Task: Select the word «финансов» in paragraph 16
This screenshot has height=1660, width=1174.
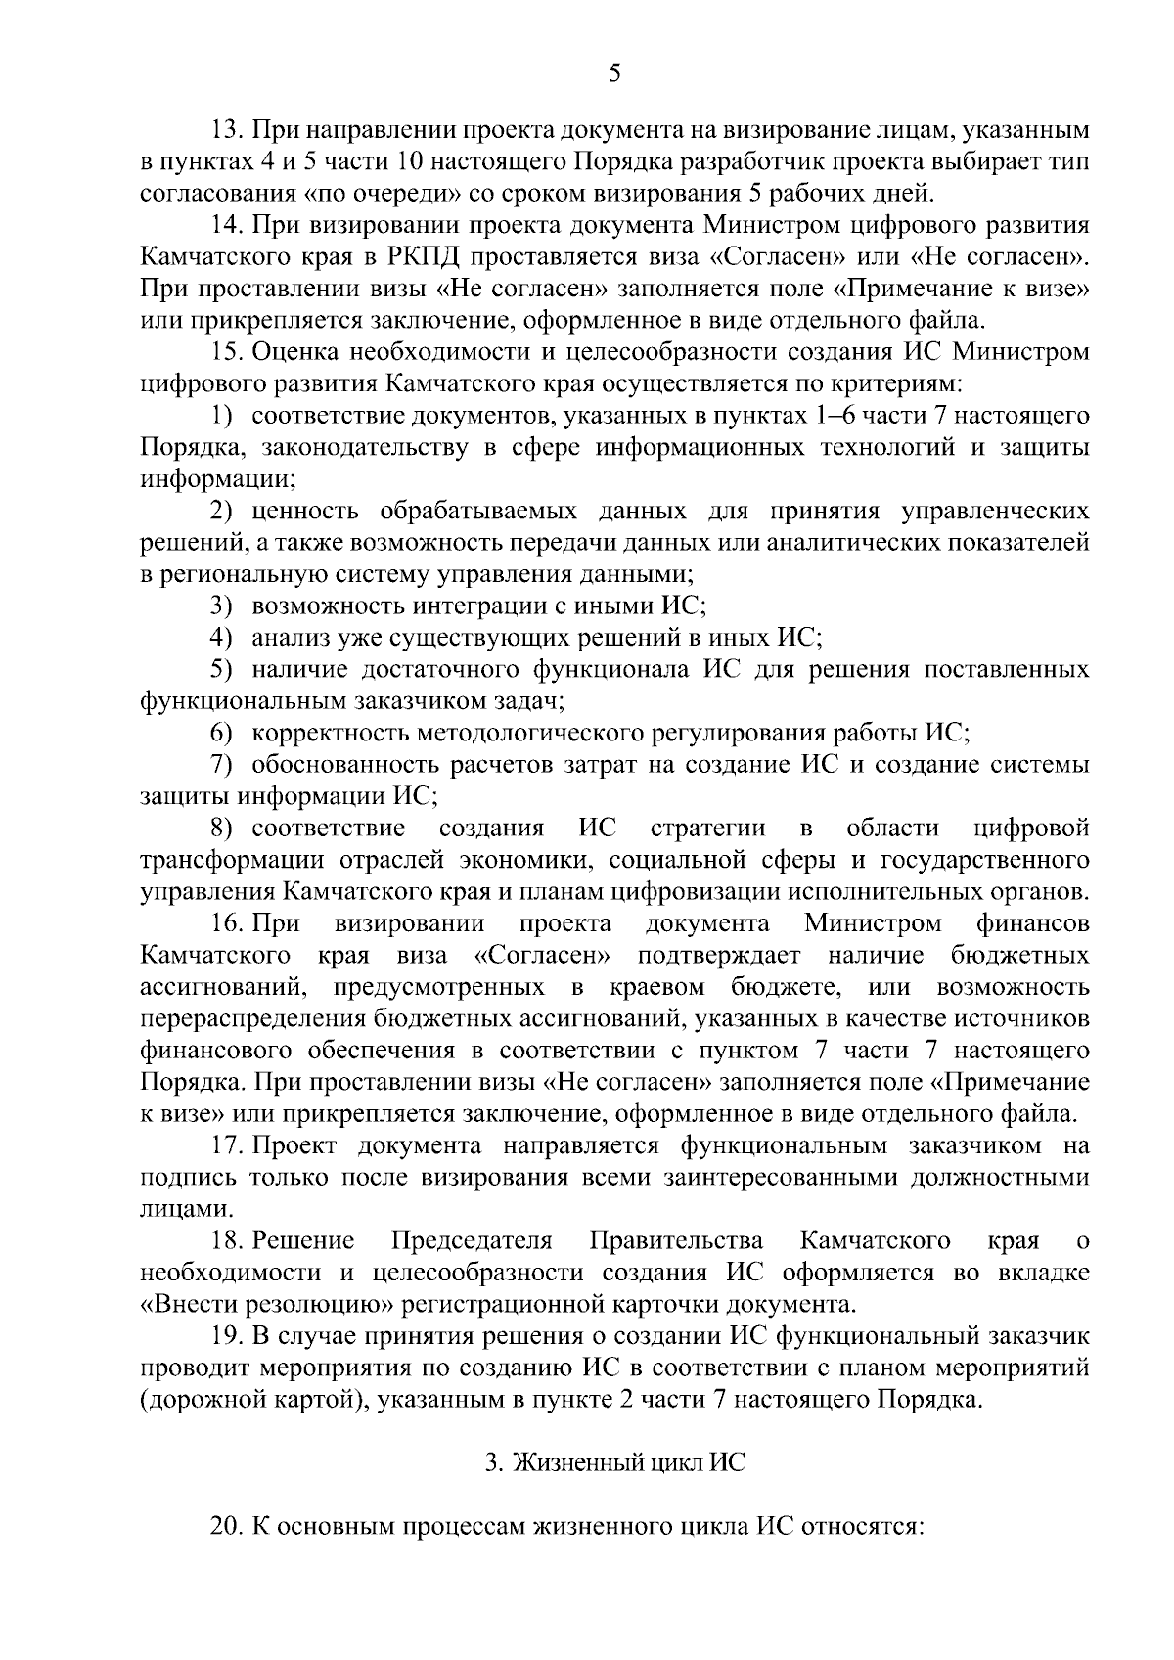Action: point(1032,923)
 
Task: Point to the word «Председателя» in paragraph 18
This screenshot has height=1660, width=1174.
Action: point(472,1241)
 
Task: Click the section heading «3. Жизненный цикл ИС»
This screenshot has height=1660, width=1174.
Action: point(614,1463)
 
